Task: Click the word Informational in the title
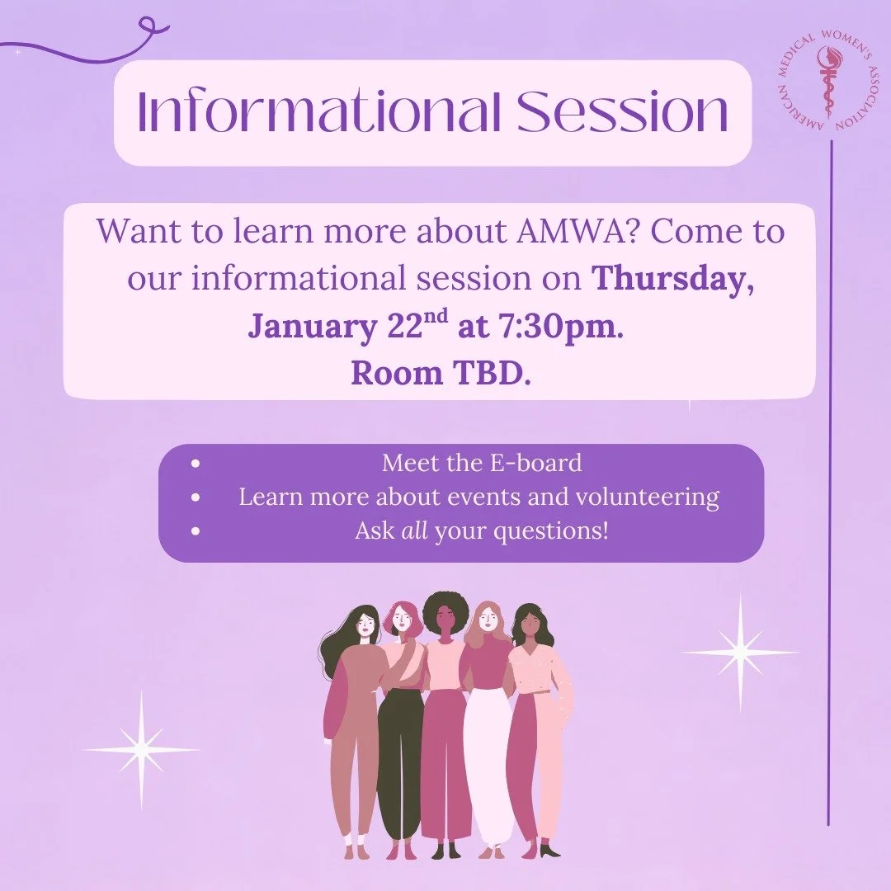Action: (318, 113)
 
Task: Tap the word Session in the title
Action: (623, 113)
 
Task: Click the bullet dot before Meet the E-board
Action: (195, 464)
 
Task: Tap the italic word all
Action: (413, 531)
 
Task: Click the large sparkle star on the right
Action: (740, 653)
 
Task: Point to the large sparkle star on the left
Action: (141, 749)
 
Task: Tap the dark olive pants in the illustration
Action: (400, 759)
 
